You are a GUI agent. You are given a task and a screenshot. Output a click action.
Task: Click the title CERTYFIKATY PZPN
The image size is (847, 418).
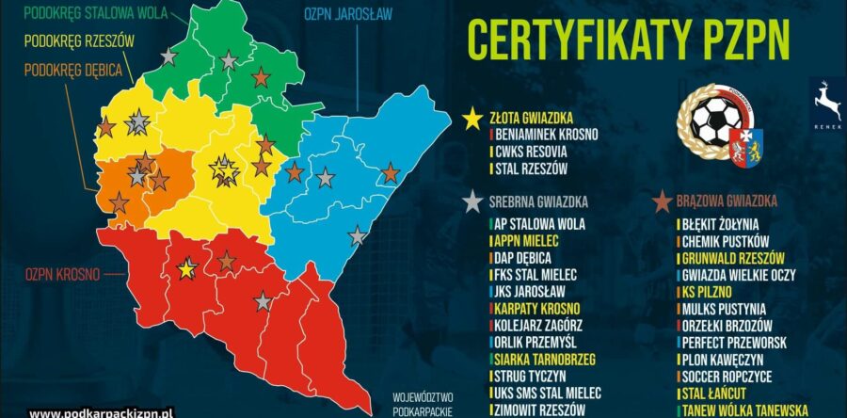pyautogui.click(x=628, y=39)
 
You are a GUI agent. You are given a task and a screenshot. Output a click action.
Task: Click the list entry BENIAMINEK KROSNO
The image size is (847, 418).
pyautogui.click(x=545, y=135)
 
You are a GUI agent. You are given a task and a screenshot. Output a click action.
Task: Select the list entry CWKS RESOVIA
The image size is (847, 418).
pyautogui.click(x=532, y=152)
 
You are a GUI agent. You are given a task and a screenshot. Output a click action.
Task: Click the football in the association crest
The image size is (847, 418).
pyautogui.click(x=716, y=122)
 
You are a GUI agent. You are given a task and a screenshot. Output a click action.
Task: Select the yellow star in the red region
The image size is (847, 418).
pyautogui.click(x=186, y=269)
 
